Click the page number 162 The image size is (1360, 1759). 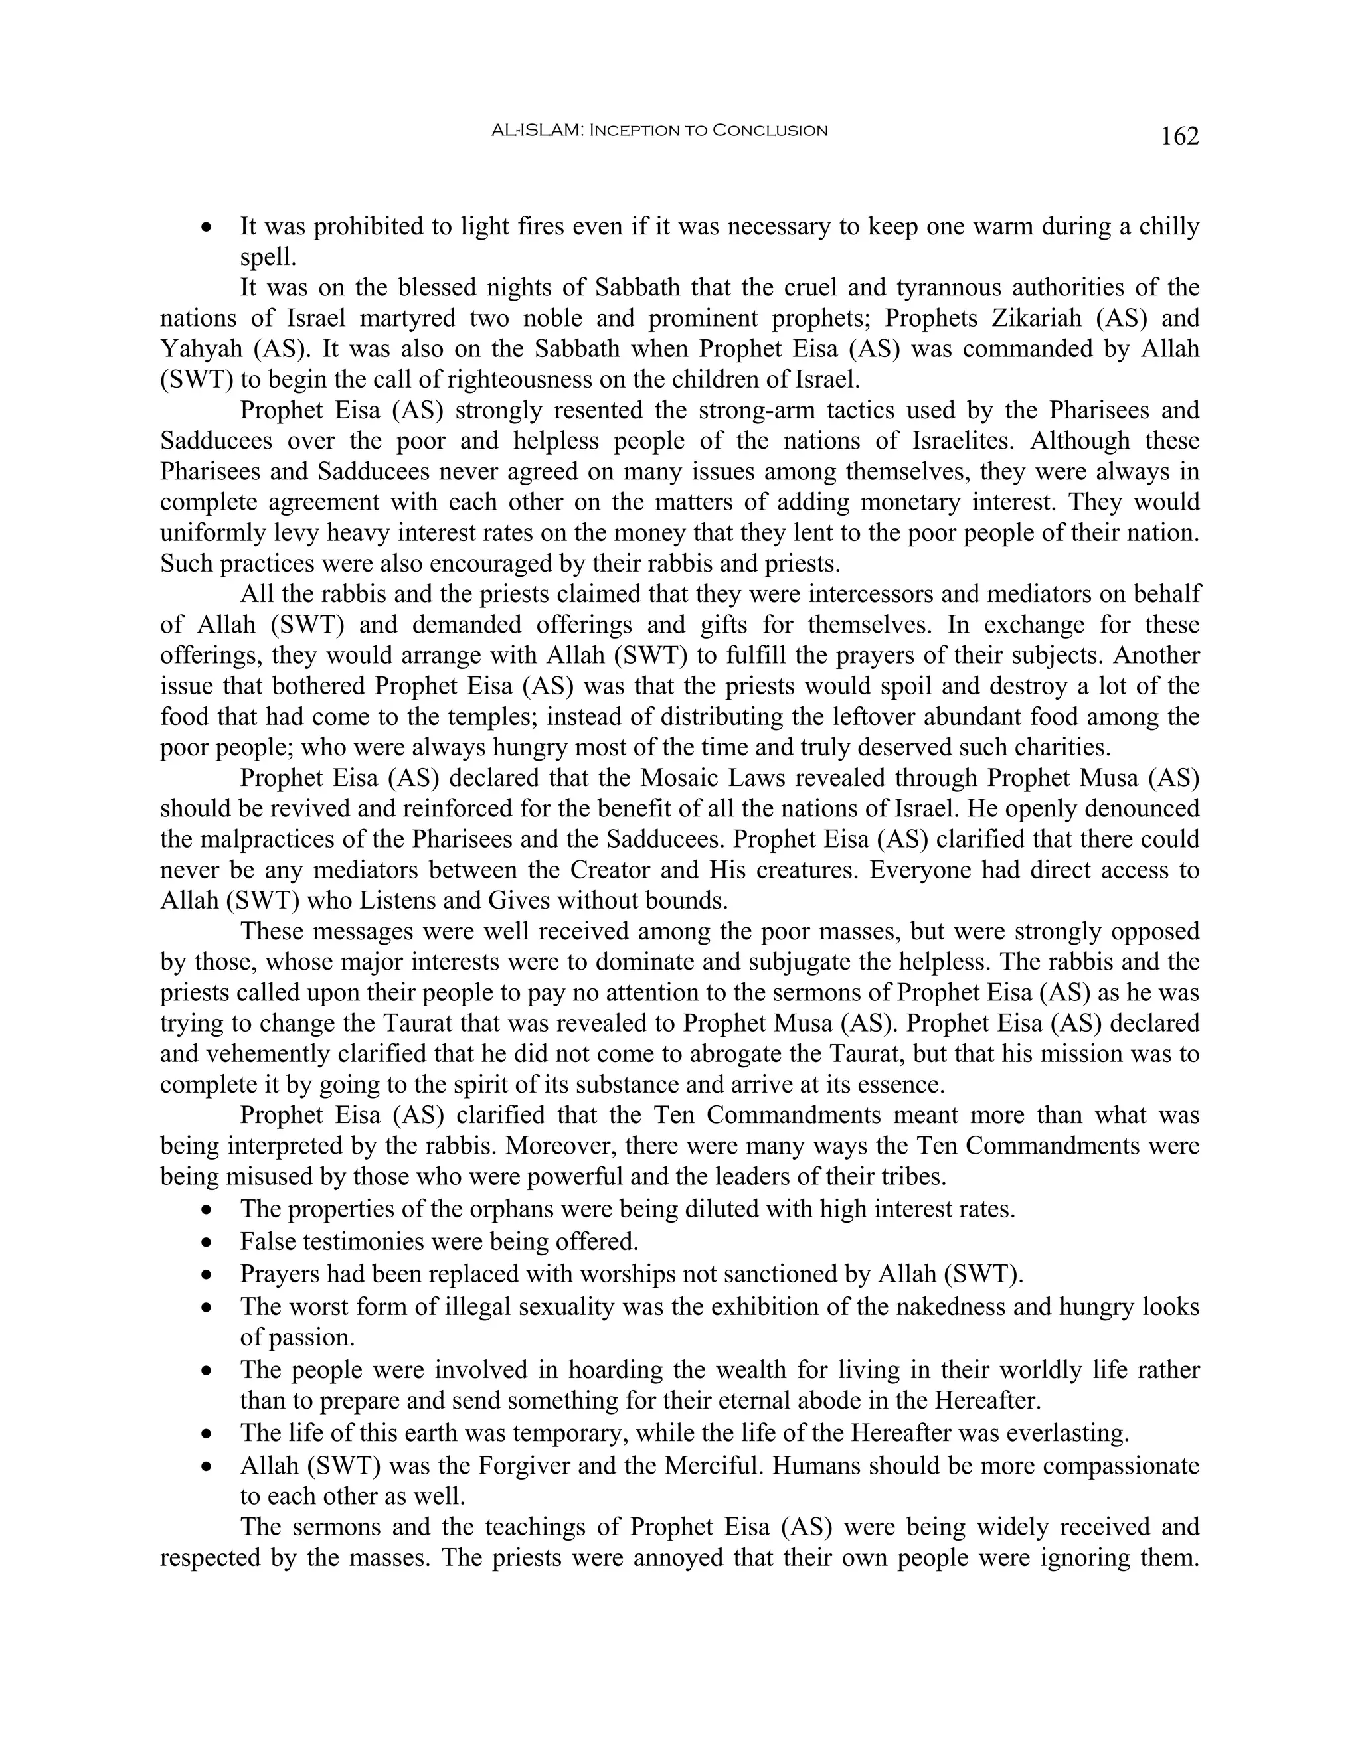(x=1179, y=137)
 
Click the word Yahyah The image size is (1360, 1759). (x=201, y=348)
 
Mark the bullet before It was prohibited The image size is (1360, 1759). (x=208, y=228)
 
